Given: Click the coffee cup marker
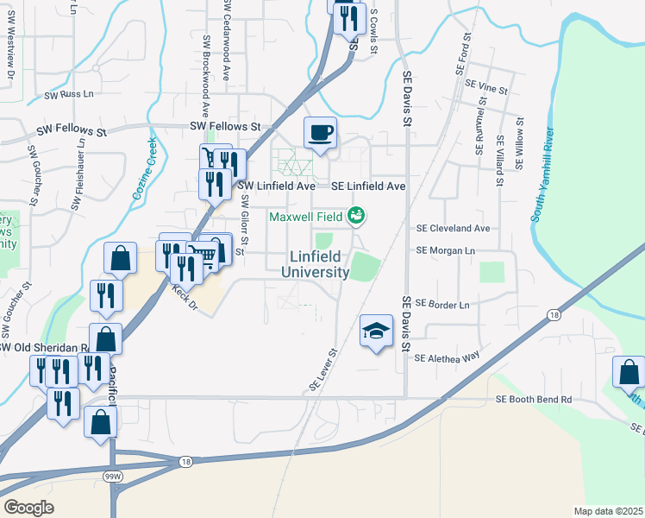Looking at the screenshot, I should coord(321,132).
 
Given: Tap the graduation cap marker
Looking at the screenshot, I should coord(376,330).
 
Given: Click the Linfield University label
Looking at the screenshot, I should coord(316,264).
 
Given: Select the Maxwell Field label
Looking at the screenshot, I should coord(306,216).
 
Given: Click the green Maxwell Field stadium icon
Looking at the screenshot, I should coord(356,216).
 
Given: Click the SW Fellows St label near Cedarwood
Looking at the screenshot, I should coord(225,126).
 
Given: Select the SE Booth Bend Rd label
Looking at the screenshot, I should coord(535,399).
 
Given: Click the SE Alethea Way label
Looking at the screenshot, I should coord(446,357).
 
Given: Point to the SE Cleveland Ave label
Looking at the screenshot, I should coord(453,229).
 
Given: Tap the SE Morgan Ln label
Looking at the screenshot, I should coord(446,250).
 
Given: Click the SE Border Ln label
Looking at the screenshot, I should coord(442,304).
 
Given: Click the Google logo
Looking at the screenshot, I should coord(28,508).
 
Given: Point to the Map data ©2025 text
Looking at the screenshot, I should coord(608,511).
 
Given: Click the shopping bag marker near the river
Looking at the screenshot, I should coord(629,372).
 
